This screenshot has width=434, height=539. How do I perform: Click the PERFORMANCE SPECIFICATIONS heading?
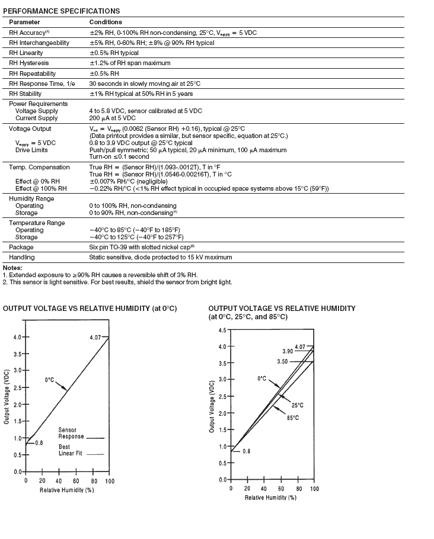[x=62, y=11]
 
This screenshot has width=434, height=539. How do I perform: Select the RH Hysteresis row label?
[x=29, y=63]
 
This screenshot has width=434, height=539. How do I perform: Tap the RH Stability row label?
[x=26, y=94]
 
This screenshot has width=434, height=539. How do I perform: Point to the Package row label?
[x=21, y=247]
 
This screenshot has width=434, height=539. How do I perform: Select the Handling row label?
[x=22, y=257]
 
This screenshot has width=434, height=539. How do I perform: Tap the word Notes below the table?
[x=12, y=268]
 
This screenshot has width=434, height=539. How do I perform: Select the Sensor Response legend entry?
[x=72, y=434]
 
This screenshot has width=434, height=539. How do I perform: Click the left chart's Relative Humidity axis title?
[x=67, y=490]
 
